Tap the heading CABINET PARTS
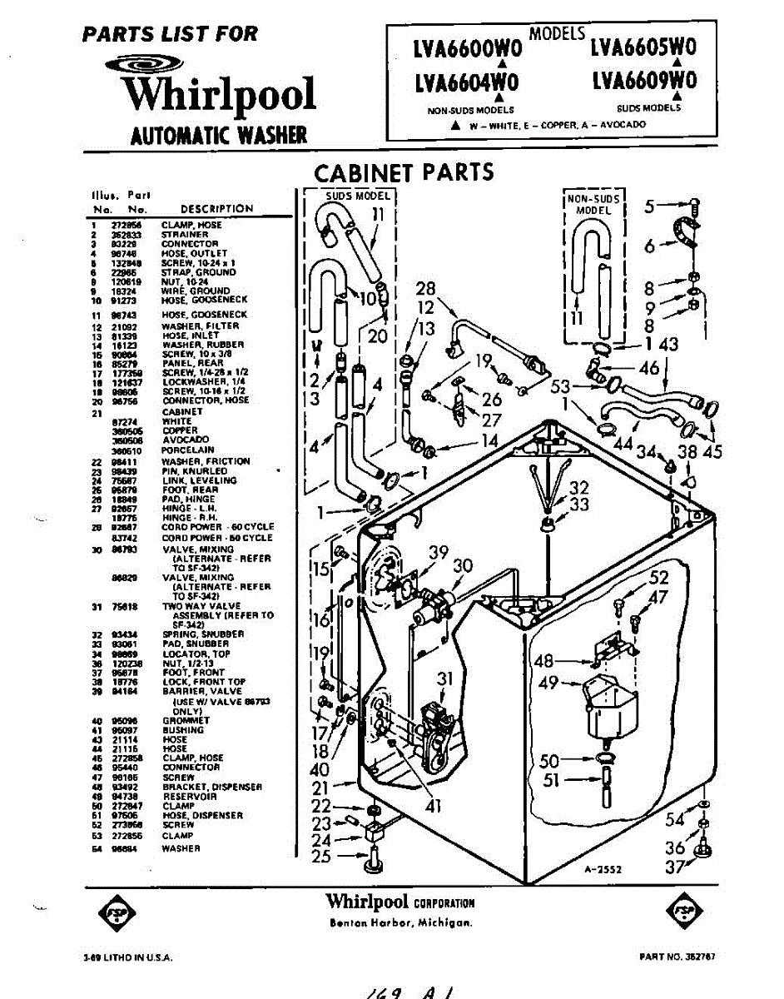(x=404, y=172)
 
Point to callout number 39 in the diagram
(x=439, y=552)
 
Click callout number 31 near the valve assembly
(x=444, y=678)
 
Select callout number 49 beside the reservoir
(x=549, y=683)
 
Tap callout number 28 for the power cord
(x=425, y=290)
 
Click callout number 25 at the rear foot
(x=321, y=857)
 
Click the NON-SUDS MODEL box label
(x=593, y=204)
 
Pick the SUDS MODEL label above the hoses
(x=356, y=196)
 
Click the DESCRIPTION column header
(x=216, y=209)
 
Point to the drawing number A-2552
(x=603, y=869)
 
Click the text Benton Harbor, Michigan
(x=401, y=922)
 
